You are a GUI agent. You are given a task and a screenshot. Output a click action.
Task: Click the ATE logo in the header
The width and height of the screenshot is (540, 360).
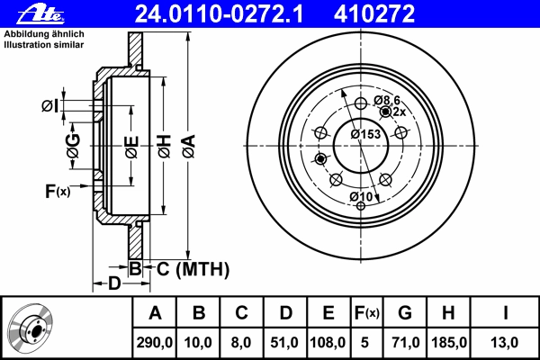click(x=40, y=14)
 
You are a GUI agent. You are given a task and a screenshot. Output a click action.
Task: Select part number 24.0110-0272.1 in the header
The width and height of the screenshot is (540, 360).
click(x=219, y=14)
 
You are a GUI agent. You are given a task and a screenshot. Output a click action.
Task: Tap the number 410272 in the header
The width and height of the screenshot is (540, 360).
click(x=374, y=14)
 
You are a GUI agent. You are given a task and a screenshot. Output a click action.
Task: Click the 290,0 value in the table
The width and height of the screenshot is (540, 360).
click(x=154, y=342)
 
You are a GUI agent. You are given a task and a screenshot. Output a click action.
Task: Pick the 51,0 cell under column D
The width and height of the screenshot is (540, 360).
click(x=284, y=342)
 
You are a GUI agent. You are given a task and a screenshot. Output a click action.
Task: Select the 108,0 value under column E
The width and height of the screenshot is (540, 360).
click(x=328, y=342)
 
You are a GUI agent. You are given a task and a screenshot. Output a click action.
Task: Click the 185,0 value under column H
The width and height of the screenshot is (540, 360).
click(x=449, y=342)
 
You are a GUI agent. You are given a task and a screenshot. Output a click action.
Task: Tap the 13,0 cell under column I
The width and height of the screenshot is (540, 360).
click(x=504, y=342)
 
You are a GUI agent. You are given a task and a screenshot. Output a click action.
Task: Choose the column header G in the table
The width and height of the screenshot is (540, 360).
click(x=405, y=313)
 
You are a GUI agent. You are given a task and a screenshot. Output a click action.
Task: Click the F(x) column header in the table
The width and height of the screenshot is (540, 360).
click(x=367, y=313)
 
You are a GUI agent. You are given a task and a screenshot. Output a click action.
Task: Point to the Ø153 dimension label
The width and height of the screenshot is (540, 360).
click(x=365, y=134)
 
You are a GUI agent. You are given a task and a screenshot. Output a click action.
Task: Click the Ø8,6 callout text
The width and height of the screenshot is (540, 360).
click(x=387, y=100)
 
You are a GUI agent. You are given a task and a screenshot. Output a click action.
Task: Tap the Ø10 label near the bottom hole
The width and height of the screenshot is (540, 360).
click(x=361, y=196)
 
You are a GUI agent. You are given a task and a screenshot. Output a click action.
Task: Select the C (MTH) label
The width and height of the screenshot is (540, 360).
click(x=193, y=269)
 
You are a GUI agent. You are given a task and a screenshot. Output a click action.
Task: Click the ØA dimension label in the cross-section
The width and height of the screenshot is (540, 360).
click(x=189, y=147)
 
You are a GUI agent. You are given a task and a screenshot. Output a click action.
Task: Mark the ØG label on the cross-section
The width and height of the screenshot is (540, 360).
click(x=74, y=146)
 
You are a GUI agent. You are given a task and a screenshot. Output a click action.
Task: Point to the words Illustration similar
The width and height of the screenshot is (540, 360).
click(x=44, y=45)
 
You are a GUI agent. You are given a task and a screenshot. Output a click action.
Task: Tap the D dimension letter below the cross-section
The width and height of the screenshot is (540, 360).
click(x=114, y=283)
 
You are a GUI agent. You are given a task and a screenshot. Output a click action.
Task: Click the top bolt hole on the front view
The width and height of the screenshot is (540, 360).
click(x=361, y=103)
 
